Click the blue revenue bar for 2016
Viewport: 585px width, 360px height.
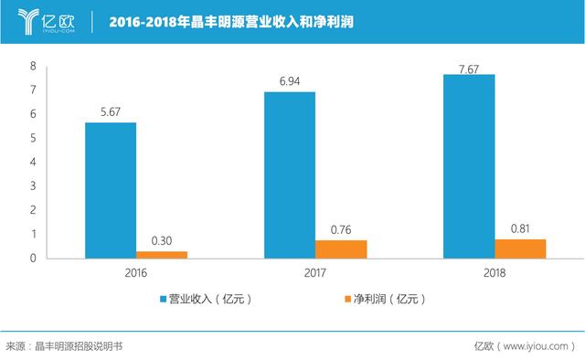[x=111, y=190]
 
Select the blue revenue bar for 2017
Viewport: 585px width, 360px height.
[x=290, y=175]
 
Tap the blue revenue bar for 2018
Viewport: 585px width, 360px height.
[x=469, y=166]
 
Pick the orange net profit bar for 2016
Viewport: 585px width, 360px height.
[x=162, y=255]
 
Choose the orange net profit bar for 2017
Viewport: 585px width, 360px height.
[x=341, y=249]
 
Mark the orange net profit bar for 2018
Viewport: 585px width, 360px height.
[x=520, y=249]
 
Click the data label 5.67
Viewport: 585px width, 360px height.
[x=111, y=111]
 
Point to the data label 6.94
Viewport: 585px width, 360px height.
[x=290, y=81]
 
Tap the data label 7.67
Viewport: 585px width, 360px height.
[x=469, y=69]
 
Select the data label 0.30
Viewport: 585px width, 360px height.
[x=162, y=241]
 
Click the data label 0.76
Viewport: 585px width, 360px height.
[x=341, y=230]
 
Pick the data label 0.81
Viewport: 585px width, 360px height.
[x=520, y=228]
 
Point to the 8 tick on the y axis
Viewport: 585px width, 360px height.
[x=33, y=66]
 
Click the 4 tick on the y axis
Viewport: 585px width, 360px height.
[x=33, y=162]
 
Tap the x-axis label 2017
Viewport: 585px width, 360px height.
[x=314, y=273]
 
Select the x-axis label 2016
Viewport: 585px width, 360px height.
[x=136, y=273]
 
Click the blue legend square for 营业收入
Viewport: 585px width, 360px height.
[x=163, y=299]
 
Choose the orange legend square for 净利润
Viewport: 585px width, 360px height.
[x=347, y=299]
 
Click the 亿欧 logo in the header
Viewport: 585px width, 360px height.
[x=47, y=22]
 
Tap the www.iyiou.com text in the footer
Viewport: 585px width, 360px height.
[x=536, y=346]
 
